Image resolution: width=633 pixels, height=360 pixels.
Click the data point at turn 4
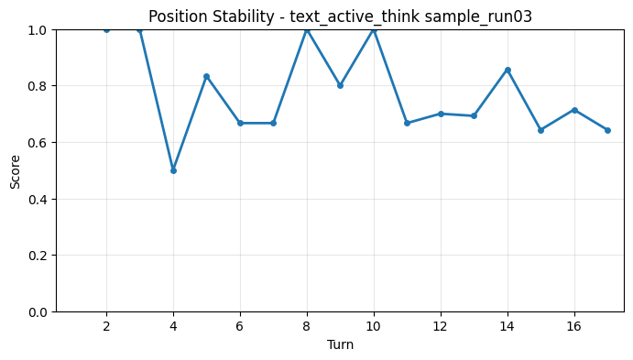click(x=173, y=170)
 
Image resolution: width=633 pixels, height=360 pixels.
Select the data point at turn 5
click(x=206, y=76)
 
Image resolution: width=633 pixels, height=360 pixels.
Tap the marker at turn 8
click(x=307, y=29)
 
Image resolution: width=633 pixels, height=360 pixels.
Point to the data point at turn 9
click(x=340, y=85)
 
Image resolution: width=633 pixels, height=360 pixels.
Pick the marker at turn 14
click(x=507, y=70)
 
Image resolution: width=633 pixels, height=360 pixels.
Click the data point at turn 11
click(x=407, y=123)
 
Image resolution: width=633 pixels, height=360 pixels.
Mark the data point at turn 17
click(x=607, y=130)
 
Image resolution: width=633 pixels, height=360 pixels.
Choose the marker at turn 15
click(x=540, y=130)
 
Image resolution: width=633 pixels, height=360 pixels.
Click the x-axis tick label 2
click(x=106, y=326)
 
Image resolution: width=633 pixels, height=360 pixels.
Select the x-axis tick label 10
click(x=373, y=326)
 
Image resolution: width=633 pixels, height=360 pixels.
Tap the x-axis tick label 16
click(x=573, y=326)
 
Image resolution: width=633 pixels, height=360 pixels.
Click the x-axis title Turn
click(x=340, y=344)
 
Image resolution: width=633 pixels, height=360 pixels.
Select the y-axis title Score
click(x=16, y=170)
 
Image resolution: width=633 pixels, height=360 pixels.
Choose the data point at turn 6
click(x=240, y=123)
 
